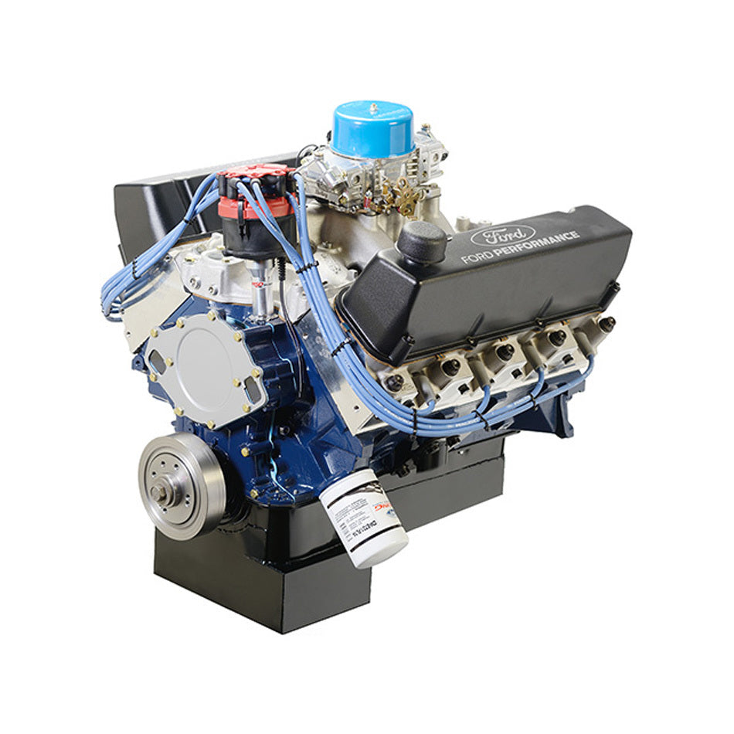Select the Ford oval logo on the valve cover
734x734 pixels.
click(501, 234)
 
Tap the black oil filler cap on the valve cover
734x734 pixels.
click(422, 241)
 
